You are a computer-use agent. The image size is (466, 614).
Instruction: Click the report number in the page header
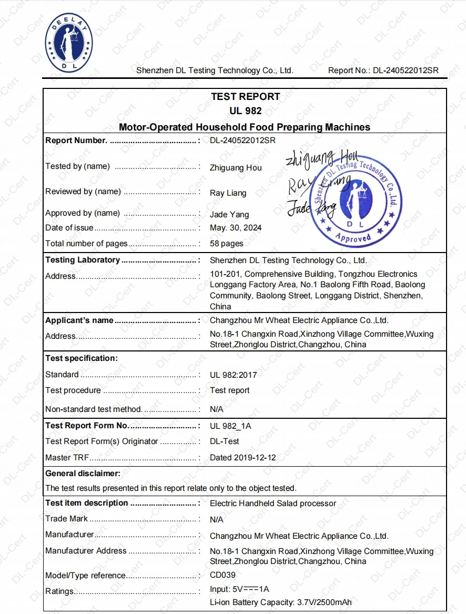coord(406,71)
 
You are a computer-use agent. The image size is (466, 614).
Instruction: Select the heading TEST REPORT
coord(245,97)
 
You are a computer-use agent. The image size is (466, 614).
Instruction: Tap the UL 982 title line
coord(245,111)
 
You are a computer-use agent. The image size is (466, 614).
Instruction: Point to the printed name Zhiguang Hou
coord(236,168)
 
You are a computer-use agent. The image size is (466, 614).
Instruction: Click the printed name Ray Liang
coord(228,193)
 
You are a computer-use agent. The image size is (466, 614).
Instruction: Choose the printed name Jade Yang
coord(229,214)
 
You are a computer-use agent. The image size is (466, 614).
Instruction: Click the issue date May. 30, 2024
coord(235,228)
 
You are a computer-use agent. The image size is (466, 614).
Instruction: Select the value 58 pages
coord(226,244)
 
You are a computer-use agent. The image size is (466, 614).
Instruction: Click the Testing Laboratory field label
coord(83,260)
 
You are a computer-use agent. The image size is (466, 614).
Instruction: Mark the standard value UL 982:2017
coord(233,375)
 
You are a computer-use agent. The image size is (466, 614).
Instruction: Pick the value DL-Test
coord(224,441)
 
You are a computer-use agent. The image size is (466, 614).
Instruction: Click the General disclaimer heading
coord(83,474)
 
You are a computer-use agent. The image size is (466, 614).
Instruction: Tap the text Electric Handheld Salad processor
coord(272,504)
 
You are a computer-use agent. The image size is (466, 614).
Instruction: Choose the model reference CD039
coord(222,575)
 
